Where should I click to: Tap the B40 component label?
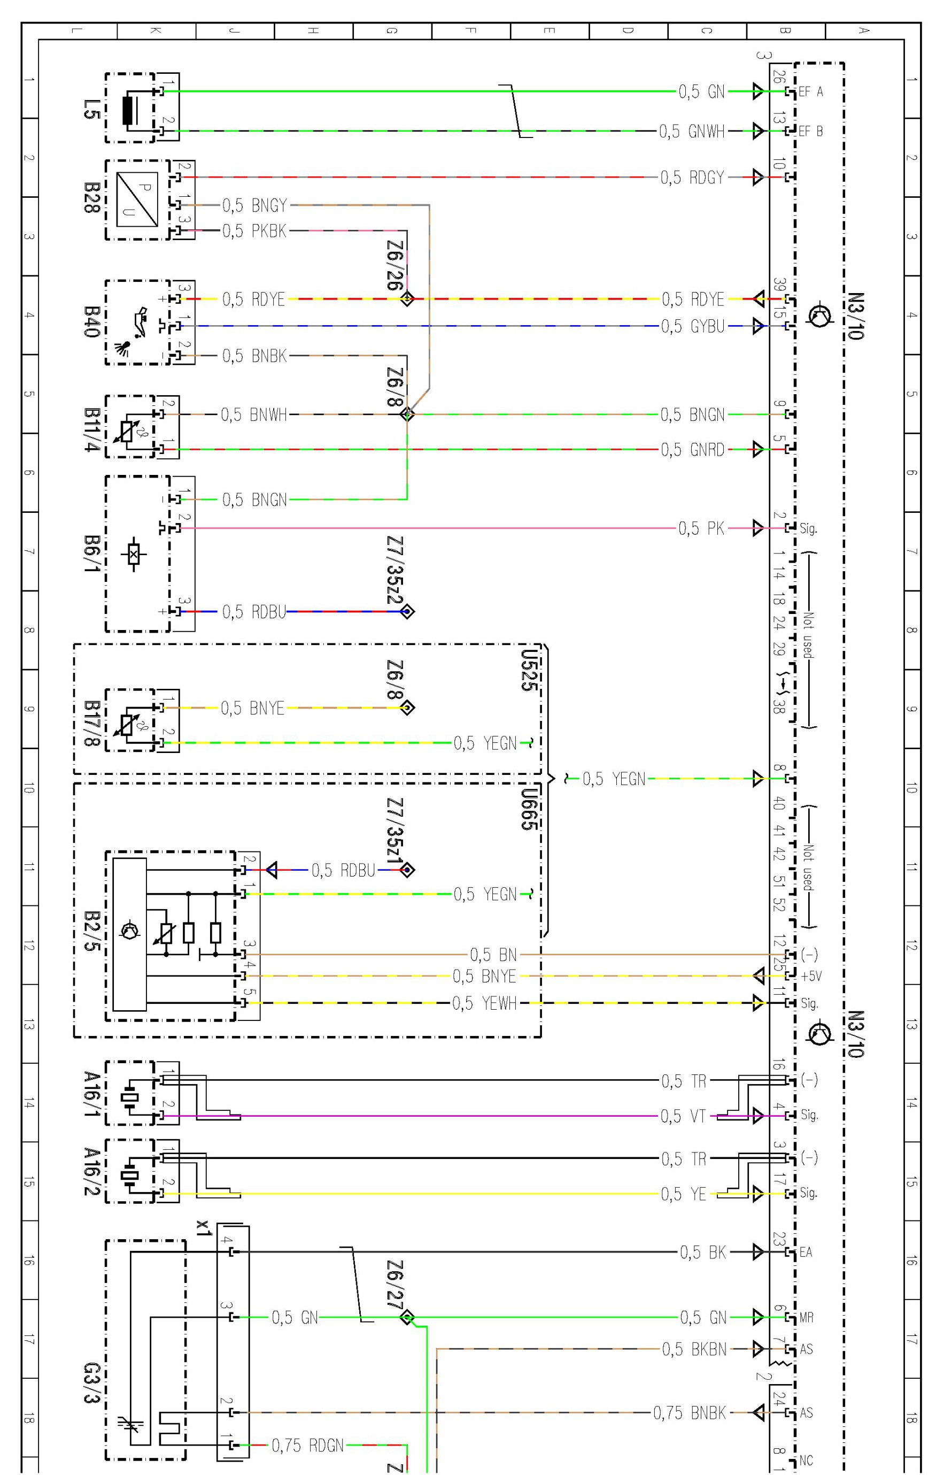coord(91,321)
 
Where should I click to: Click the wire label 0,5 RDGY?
coord(692,178)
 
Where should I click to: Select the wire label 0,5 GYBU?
coord(693,326)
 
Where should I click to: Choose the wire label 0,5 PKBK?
coord(254,231)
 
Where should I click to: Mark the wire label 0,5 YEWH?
coord(484,1003)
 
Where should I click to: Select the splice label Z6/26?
coord(394,264)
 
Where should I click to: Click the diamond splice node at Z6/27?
coord(407,1317)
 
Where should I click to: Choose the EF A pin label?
coord(810,92)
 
